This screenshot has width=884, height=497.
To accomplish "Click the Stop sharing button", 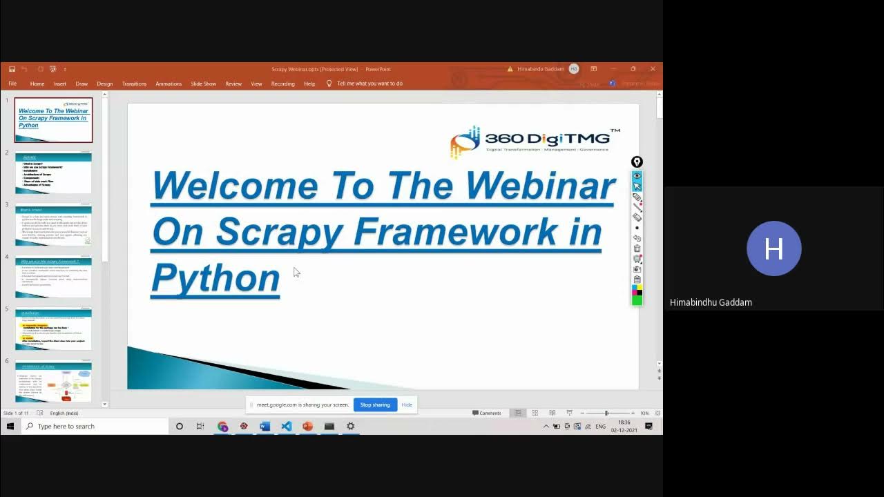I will tap(375, 405).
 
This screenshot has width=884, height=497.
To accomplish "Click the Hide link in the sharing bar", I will tap(407, 405).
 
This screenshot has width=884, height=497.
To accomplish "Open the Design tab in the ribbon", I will tap(104, 84).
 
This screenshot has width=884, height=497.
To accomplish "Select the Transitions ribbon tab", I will tap(134, 84).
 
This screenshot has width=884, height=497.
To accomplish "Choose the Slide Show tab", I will tap(203, 84).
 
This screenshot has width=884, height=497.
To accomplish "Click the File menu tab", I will tap(12, 84).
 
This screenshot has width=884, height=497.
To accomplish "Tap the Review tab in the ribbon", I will tap(233, 84).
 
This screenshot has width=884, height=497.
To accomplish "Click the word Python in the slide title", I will tap(215, 277).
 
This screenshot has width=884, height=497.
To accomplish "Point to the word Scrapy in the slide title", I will tap(279, 231).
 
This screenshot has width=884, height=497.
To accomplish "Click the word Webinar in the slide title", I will tap(539, 185).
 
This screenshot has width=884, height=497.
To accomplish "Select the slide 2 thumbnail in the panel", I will tap(53, 172).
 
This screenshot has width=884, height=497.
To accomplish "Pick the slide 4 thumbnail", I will tap(53, 277).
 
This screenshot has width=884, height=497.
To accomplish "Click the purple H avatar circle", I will tap(773, 248).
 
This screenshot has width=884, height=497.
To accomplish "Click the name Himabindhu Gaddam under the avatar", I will tap(711, 302).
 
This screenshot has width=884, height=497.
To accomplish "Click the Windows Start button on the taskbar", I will tap(10, 427).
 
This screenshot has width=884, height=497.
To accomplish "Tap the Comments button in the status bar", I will tap(487, 413).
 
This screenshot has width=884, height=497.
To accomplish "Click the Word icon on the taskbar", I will tap(265, 427).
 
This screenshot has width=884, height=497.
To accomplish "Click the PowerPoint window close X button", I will tap(653, 69).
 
